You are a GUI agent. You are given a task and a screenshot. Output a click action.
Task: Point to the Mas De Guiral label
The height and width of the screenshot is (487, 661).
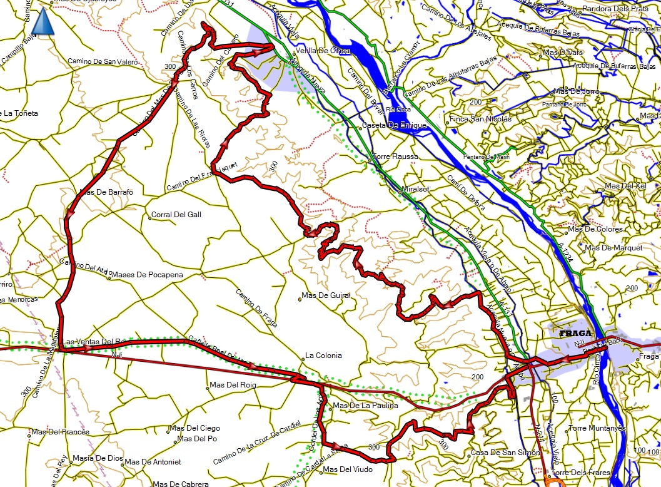[326, 295]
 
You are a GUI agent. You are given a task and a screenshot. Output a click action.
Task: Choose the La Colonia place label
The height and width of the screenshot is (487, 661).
[323, 356]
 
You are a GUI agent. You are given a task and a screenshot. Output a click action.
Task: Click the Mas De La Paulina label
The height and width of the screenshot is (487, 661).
[365, 406]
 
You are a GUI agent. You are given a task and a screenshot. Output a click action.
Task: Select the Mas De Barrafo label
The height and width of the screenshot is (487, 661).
[107, 192]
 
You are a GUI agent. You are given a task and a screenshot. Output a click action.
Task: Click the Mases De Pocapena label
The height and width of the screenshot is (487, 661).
[143, 274]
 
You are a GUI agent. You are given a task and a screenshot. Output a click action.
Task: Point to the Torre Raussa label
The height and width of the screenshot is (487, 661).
[395, 156]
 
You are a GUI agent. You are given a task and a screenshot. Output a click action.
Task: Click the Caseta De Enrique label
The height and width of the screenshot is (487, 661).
[395, 125]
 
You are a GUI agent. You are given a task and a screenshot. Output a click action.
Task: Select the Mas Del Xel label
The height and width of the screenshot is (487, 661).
[625, 187]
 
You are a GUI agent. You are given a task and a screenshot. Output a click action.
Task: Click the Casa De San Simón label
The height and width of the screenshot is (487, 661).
[497, 453]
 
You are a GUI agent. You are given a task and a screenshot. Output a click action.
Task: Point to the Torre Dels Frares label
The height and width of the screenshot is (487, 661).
[576, 473]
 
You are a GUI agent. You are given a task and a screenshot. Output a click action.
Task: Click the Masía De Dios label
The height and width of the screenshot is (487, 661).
[98, 458]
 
